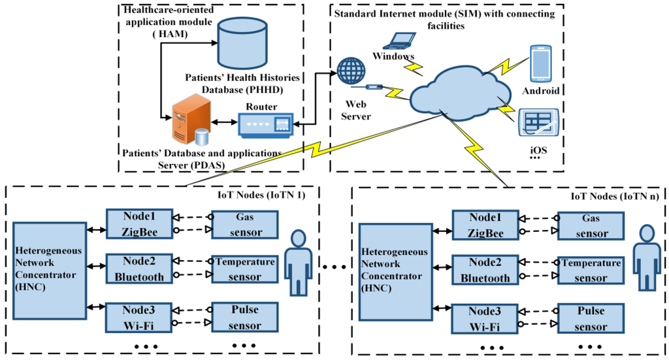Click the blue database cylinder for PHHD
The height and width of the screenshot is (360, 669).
pyautogui.click(x=242, y=44)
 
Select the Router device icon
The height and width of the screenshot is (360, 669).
pyautogui.click(x=265, y=125)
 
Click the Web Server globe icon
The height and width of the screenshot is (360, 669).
pyautogui.click(x=351, y=71)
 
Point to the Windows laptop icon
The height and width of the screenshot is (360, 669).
pyautogui.click(x=399, y=41)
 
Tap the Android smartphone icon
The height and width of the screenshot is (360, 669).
pyautogui.click(x=541, y=63)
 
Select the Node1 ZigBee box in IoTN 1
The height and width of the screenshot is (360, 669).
pyautogui.click(x=140, y=224)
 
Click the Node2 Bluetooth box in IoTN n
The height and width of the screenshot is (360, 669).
pyautogui.click(x=485, y=270)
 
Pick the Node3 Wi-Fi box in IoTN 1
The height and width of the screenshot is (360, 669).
pyautogui.click(x=140, y=318)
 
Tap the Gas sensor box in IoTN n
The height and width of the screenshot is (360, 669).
pyautogui.click(x=591, y=225)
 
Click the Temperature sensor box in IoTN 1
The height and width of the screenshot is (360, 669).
pyautogui.click(x=245, y=269)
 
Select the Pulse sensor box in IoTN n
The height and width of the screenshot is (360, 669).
pyautogui.click(x=591, y=319)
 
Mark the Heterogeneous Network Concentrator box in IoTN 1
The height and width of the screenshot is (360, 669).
pyautogui.click(x=50, y=270)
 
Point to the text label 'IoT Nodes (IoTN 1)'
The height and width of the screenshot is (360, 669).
pyautogui.click(x=261, y=195)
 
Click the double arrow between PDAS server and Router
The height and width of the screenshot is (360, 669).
pyautogui.click(x=225, y=122)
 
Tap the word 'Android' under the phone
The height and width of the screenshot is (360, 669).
pyautogui.click(x=541, y=91)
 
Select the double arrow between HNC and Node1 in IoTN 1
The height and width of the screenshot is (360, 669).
pyautogui.click(x=97, y=229)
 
